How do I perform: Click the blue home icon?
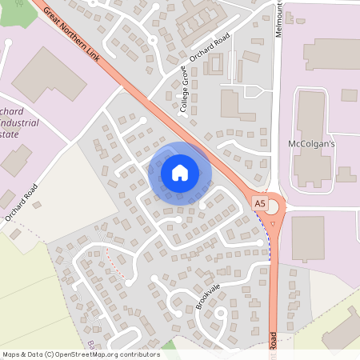click(180, 172)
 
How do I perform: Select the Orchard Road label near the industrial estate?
click(21, 204)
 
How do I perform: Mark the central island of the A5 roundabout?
click(274, 207)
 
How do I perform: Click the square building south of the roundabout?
click(307, 238)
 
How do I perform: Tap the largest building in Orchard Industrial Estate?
click(48, 80)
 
